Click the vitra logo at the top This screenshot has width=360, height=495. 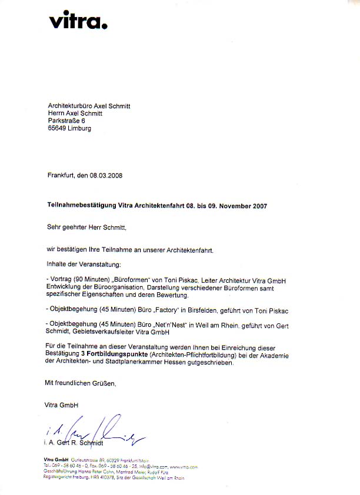coord(78,22)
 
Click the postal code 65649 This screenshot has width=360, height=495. coord(57,129)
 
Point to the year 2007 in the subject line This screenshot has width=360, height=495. coord(259,206)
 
